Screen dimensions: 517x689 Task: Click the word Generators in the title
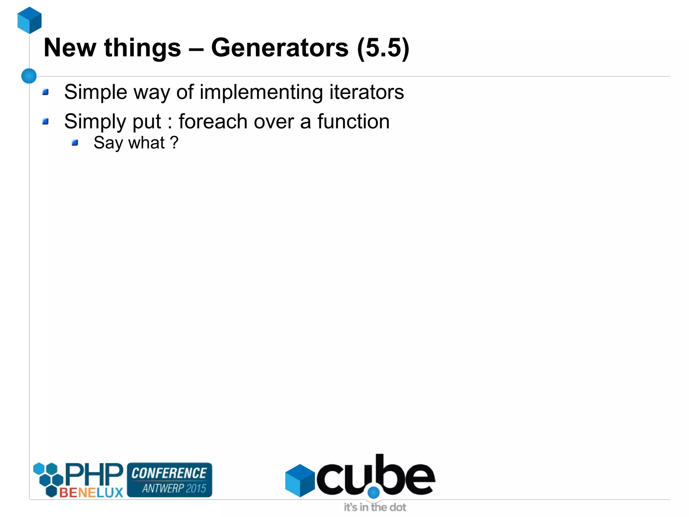pos(280,48)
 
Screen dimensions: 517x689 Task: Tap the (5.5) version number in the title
pos(383,48)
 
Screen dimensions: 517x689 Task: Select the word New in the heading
pos(70,48)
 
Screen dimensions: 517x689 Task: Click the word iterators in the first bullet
pos(366,92)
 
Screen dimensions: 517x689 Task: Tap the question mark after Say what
pos(174,142)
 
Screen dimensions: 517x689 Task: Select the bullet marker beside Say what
pos(75,143)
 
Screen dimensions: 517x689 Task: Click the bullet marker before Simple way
pos(45,92)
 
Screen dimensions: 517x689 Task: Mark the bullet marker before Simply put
pos(45,121)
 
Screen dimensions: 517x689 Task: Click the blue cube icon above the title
pos(30,20)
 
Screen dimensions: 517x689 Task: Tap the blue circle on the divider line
pos(29,76)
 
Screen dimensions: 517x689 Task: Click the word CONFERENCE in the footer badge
pos(169,473)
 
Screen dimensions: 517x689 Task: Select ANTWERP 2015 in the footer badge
pos(174,488)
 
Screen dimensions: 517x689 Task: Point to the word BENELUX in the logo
pos(91,492)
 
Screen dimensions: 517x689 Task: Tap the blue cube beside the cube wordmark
pos(299,480)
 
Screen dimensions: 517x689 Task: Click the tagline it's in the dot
pos(375,507)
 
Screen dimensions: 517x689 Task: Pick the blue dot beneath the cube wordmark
pos(373,493)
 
